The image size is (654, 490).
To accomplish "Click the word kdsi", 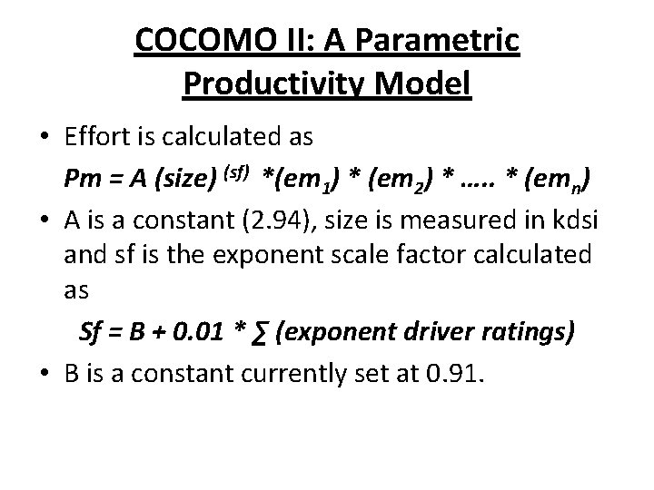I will tap(580, 222).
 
